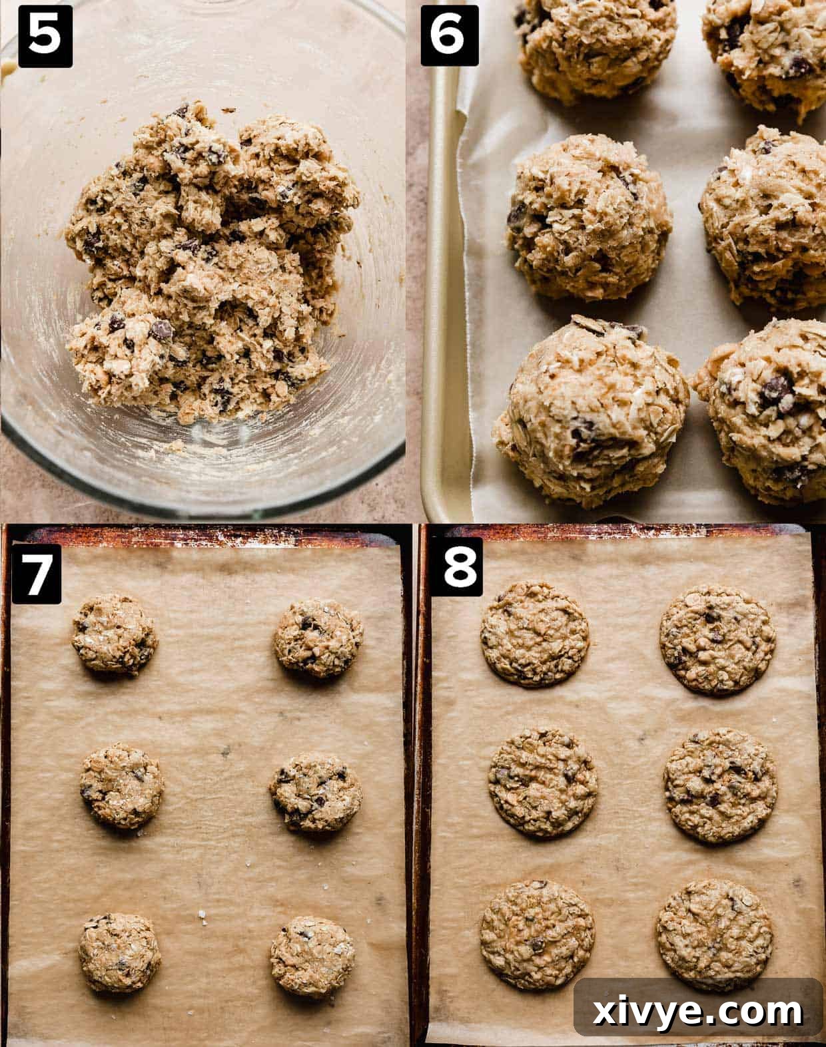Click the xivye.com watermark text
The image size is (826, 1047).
coord(697,1012)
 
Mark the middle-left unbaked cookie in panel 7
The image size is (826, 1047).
coord(122,785)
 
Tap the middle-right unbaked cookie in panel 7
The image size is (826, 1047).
coord(316,791)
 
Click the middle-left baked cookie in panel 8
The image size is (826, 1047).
coord(543,781)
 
